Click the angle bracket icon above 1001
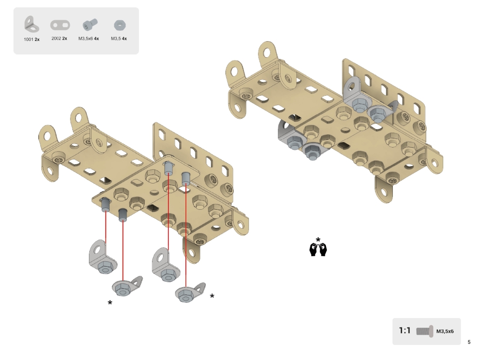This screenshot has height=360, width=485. [x=31, y=25]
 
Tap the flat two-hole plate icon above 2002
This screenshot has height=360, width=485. [x=60, y=25]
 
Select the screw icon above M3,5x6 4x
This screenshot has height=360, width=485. [x=90, y=25]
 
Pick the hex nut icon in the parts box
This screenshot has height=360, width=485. [x=120, y=25]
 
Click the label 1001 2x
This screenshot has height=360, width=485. [x=32, y=40]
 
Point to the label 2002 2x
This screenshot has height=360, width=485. [x=59, y=38]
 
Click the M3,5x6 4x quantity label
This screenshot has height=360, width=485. [x=89, y=39]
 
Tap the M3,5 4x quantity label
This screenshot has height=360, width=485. [x=119, y=39]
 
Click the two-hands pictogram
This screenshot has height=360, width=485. [x=318, y=249]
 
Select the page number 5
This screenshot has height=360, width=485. [x=469, y=342]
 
